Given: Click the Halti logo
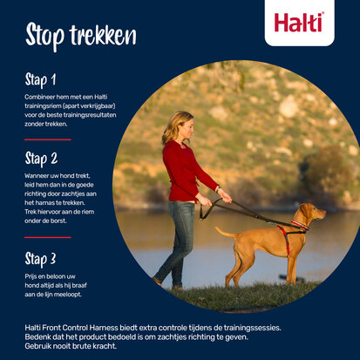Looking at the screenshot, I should pyautogui.click(x=299, y=22).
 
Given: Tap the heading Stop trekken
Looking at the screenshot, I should pyautogui.click(x=80, y=36).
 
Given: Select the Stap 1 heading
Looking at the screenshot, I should pyautogui.click(x=40, y=80).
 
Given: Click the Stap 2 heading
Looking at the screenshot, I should pyautogui.click(x=41, y=159).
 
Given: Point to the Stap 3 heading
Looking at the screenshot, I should pyautogui.click(x=41, y=259).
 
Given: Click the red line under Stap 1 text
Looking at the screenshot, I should pyautogui.click(x=47, y=139).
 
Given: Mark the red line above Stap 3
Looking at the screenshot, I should pyautogui.click(x=47, y=237).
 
